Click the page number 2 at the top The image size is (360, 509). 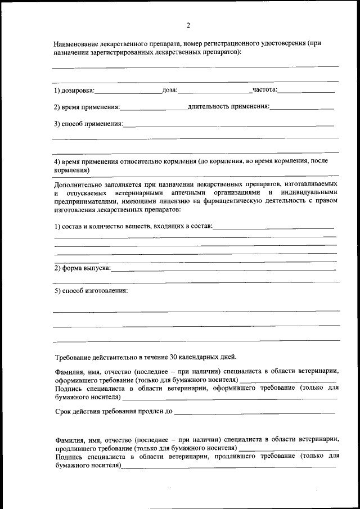click(188, 25)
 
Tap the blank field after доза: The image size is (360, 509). click(215, 91)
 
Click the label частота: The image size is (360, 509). click(265, 90)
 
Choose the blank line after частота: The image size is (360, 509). click(306, 91)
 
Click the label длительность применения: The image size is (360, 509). click(229, 106)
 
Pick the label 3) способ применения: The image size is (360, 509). click(88, 123)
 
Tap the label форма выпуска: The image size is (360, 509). click(86, 268)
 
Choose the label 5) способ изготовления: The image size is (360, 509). click(91, 291)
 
